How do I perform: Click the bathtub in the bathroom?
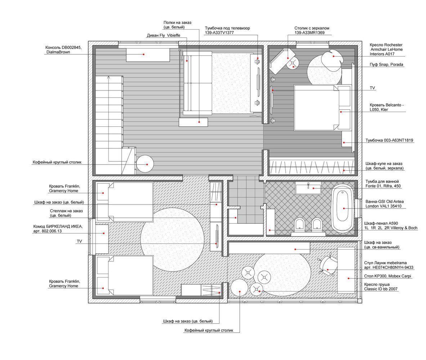[x=342, y=208]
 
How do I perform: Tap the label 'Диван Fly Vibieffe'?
[x=163, y=35]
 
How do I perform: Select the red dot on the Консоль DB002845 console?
[x=144, y=54]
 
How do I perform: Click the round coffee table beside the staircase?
[x=145, y=164]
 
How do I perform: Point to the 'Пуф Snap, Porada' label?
[x=386, y=64]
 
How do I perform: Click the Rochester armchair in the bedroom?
[x=332, y=60]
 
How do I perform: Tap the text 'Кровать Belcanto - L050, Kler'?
[x=387, y=107]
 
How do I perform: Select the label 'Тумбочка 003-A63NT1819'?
[x=389, y=140]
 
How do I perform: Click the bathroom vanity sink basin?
[x=308, y=188]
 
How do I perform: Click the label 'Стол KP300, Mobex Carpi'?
[x=388, y=276]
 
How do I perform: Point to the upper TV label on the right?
[x=372, y=88]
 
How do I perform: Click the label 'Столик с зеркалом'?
[x=312, y=28]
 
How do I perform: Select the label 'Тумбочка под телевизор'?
[x=227, y=28]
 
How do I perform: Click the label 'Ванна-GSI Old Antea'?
[x=385, y=202]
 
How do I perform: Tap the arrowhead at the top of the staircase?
[x=108, y=77]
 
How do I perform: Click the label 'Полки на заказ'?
[x=178, y=23]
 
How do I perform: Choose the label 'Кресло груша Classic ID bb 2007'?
[x=381, y=287]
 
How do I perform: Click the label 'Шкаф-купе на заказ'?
[x=384, y=163]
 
